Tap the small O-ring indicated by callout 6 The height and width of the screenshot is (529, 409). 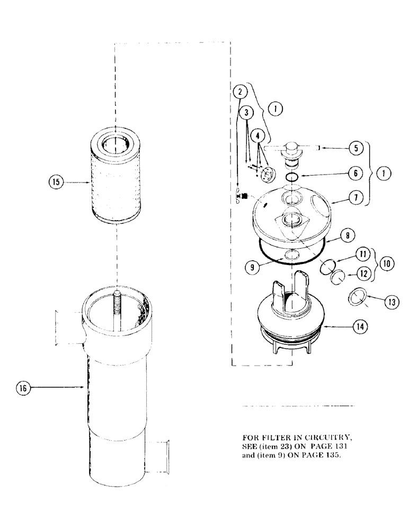pos(292,177)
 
